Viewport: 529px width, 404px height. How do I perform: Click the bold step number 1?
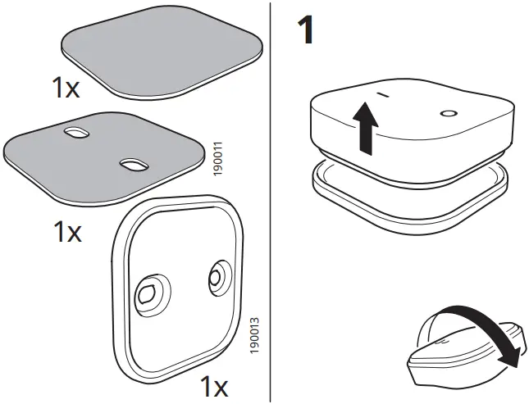[x=305, y=31]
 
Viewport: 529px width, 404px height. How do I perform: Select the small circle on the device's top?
[x=449, y=113]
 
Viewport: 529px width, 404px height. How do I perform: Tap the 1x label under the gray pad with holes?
[x=67, y=233]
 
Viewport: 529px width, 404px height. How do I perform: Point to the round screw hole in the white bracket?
[x=217, y=277]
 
